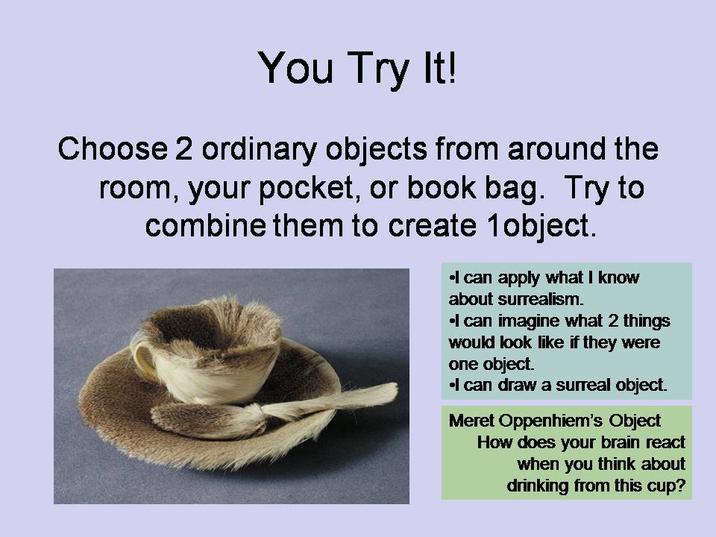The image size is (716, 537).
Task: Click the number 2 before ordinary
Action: tap(183, 148)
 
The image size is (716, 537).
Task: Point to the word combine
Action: tap(206, 225)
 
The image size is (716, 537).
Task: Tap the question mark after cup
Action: tap(680, 485)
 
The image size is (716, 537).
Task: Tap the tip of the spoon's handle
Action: tap(395, 389)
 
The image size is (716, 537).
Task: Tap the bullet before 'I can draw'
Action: tap(452, 386)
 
